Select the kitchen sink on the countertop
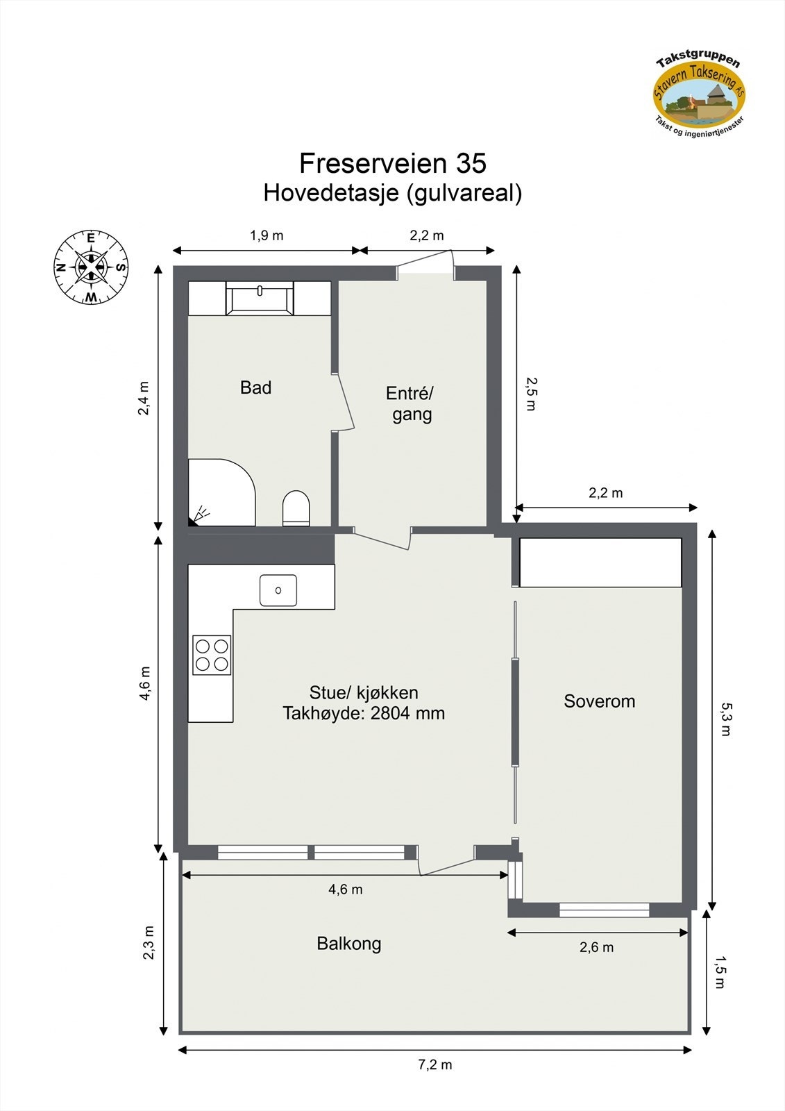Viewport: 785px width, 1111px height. tap(278, 590)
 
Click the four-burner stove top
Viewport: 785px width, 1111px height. tap(212, 655)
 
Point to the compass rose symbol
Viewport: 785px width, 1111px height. tap(91, 267)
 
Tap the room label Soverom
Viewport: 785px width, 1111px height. tap(599, 701)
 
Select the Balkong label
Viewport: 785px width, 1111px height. tap(348, 944)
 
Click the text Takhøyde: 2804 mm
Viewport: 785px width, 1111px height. tap(364, 713)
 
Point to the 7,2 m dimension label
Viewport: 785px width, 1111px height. tap(435, 1064)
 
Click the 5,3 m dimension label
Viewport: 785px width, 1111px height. tap(725, 719)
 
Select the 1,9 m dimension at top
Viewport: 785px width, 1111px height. tap(267, 235)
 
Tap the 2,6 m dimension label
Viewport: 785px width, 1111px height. tap(596, 947)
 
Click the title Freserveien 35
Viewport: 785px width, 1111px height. tap(392, 163)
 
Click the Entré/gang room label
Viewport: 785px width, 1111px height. tap(410, 403)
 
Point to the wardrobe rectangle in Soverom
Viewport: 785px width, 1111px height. tap(600, 562)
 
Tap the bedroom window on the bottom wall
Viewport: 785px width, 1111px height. tap(604, 910)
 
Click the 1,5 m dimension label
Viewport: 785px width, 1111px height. tap(720, 972)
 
